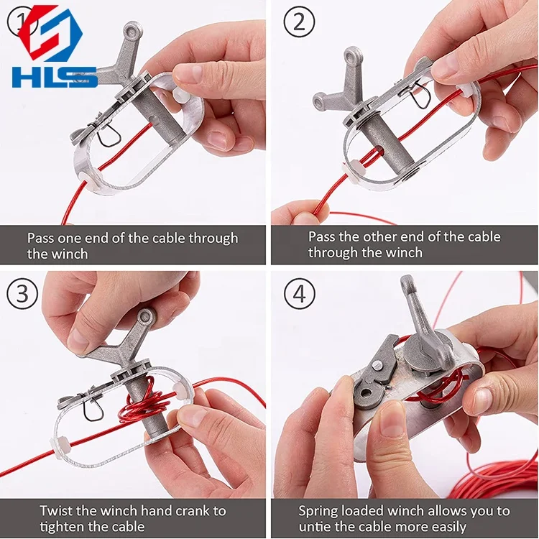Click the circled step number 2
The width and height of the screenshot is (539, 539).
(299, 22)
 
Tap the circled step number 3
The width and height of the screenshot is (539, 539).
(22, 295)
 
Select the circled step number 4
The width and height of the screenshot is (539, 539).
(299, 295)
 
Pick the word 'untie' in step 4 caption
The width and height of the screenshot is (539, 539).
(317, 527)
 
